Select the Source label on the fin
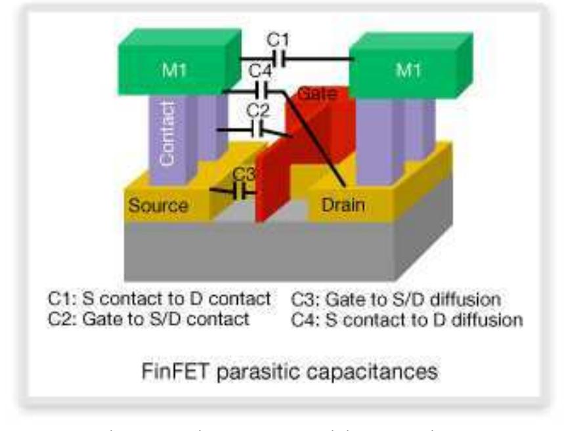click(x=158, y=205)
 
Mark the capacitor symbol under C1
click(x=280, y=60)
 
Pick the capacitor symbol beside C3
click(x=244, y=193)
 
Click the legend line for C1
click(x=160, y=298)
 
